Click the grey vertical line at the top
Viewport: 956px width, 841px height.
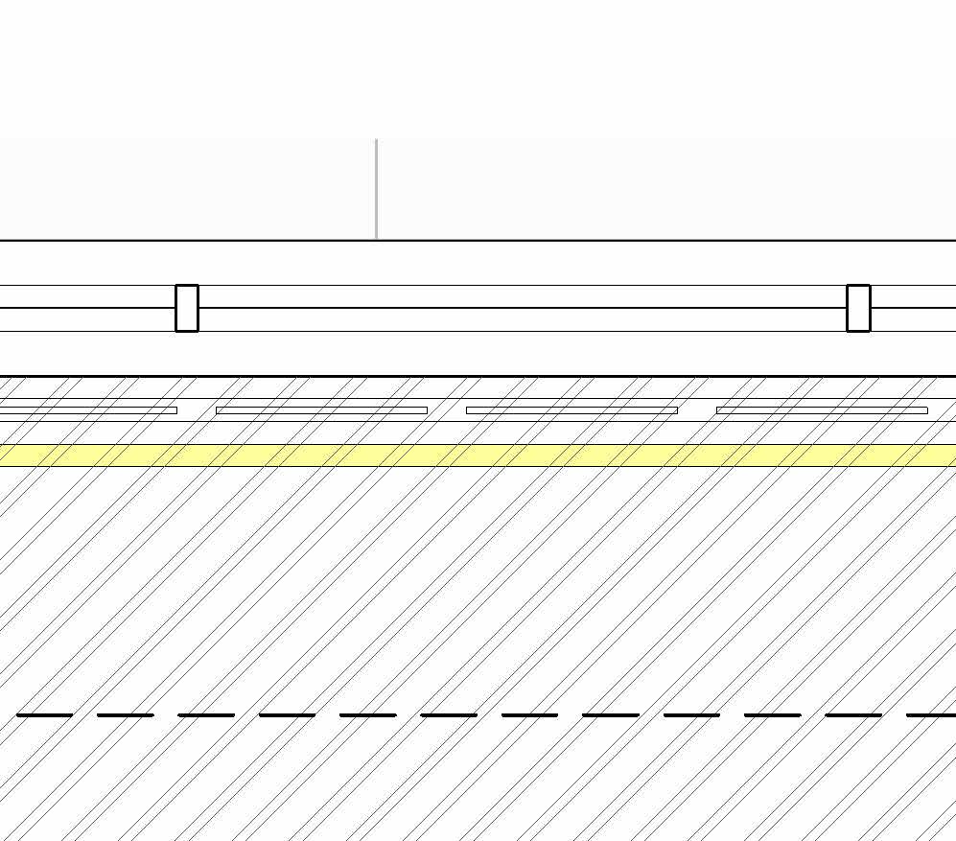376,189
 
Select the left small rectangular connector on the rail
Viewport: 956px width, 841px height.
187,308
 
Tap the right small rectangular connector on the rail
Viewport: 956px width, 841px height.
858,308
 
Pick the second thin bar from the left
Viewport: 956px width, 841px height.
321,410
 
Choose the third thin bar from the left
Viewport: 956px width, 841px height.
571,410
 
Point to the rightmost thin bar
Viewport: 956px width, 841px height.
822,410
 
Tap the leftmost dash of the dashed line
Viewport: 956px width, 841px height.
45,714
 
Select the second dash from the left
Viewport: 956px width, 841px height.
126,714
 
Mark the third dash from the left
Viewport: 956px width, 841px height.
206,714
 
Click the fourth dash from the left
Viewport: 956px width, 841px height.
288,714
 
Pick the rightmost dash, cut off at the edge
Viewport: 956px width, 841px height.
931,714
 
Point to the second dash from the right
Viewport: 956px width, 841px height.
853,714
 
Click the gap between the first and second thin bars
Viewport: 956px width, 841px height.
197,410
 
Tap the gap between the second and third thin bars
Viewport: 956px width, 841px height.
447,410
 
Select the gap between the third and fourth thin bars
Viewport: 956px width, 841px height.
697,410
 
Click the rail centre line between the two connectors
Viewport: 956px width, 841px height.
523,308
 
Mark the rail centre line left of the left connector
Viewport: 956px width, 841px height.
86,308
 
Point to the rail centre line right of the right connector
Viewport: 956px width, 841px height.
913,308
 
